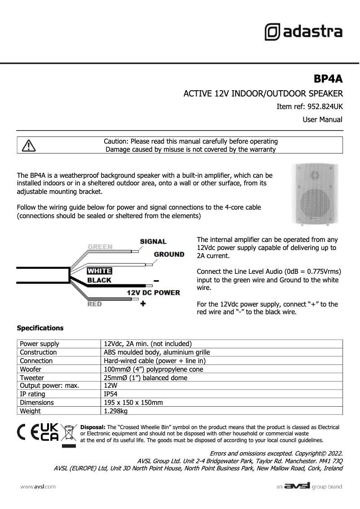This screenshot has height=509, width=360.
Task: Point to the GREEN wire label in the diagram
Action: pyautogui.click(x=100, y=247)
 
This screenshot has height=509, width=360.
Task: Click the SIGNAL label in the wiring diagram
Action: pyautogui.click(x=153, y=241)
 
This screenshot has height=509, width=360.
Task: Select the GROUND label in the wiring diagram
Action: pyautogui.click(x=169, y=254)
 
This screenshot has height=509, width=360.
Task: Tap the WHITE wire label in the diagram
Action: pyautogui.click(x=99, y=271)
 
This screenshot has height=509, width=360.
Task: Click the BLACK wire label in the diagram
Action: pyautogui.click(x=99, y=280)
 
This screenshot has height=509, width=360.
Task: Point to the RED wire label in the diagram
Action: pyautogui.click(x=95, y=304)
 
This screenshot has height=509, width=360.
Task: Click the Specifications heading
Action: pyautogui.click(x=40, y=328)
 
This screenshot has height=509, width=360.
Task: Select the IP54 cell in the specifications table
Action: pyautogui.click(x=110, y=394)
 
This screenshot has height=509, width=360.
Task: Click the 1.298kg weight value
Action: pyautogui.click(x=116, y=411)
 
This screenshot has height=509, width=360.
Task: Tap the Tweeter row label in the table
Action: pyautogui.click(x=32, y=377)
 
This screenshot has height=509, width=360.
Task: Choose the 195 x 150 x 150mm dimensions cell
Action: pyautogui.click(x=133, y=403)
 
